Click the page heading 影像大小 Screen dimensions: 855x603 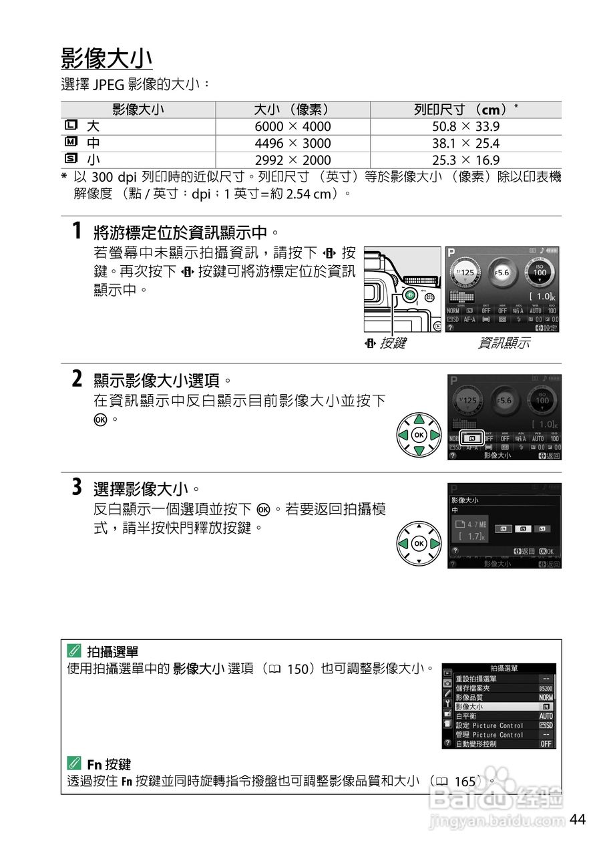107,58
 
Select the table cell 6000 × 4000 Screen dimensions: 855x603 292,126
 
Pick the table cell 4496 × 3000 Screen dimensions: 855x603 292,143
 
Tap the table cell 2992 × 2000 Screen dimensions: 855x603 292,160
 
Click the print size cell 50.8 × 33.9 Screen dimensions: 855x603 465,126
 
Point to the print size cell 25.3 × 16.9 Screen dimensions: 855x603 465,160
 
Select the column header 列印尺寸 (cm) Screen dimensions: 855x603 465,110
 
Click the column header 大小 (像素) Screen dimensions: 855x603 292,110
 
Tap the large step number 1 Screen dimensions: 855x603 77,232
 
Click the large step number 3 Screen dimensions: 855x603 77,488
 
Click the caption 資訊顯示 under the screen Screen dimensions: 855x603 504,343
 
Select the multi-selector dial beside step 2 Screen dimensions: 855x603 419,435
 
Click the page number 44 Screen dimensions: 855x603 578,820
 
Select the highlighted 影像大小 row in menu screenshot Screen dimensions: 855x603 504,706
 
